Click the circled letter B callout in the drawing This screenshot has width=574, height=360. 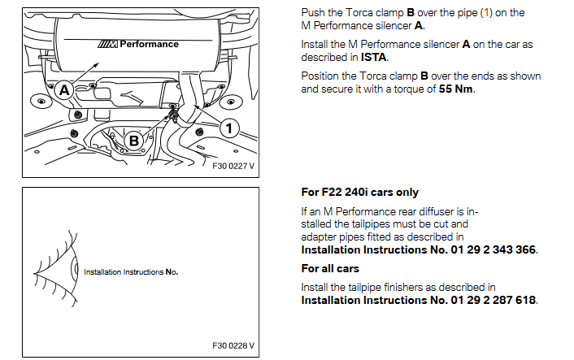(x=134, y=141)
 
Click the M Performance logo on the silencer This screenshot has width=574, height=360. (x=136, y=44)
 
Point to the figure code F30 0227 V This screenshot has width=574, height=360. (x=233, y=165)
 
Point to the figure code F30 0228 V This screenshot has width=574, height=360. (x=233, y=345)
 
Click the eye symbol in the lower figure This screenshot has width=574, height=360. (x=57, y=271)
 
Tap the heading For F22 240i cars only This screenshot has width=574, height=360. (x=359, y=193)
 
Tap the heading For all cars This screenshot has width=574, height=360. (x=330, y=268)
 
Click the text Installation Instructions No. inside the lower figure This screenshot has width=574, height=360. (x=130, y=271)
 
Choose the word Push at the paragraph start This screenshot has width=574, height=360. (x=314, y=12)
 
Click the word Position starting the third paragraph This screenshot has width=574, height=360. (x=323, y=76)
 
